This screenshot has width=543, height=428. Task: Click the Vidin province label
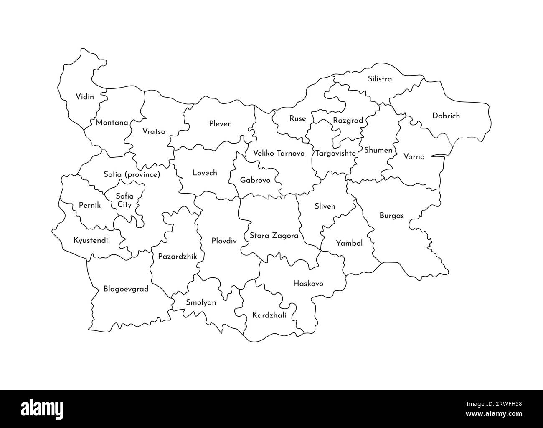pyautogui.click(x=85, y=97)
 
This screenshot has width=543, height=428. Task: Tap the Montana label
pyautogui.click(x=112, y=123)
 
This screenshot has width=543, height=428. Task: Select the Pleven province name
pyautogui.click(x=220, y=124)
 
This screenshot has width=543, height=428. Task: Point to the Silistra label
pyautogui.click(x=379, y=78)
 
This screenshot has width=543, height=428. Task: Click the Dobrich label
pyautogui.click(x=446, y=116)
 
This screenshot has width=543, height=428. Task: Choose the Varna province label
pyautogui.click(x=414, y=157)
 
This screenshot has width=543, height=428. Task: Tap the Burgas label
pyautogui.click(x=391, y=216)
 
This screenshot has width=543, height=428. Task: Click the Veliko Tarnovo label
pyautogui.click(x=279, y=153)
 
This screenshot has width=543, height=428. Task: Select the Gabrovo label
pyautogui.click(x=255, y=180)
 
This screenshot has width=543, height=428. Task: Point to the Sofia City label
pyautogui.click(x=124, y=200)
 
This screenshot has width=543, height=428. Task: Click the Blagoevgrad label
pyautogui.click(x=126, y=289)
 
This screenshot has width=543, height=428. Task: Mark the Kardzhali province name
pyautogui.click(x=269, y=315)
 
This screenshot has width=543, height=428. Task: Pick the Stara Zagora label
pyautogui.click(x=274, y=236)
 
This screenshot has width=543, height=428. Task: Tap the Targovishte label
pyautogui.click(x=335, y=153)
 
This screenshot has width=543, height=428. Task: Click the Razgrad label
pyautogui.click(x=348, y=121)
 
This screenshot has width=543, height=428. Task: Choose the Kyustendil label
pyautogui.click(x=91, y=240)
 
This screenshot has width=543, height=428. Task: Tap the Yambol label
pyautogui.click(x=349, y=243)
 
